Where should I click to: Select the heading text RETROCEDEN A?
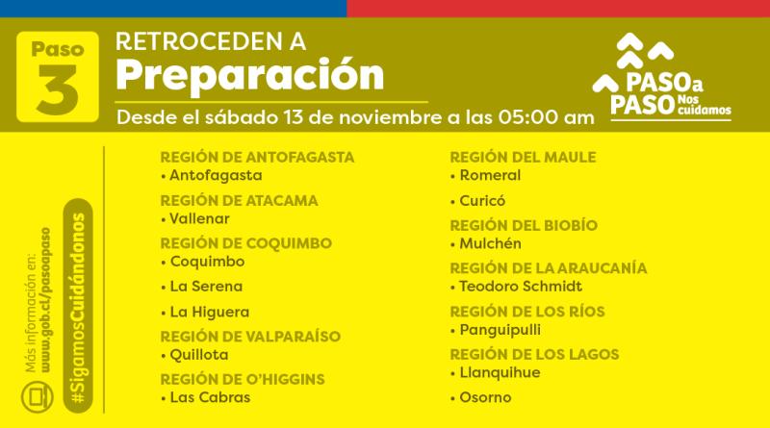210,41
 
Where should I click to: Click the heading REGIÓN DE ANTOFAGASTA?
257,157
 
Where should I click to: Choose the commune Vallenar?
201,218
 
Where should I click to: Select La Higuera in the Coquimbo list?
209,312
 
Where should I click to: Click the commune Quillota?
198,354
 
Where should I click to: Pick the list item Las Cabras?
210,397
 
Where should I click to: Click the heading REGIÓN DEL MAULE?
523,157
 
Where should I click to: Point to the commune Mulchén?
490,243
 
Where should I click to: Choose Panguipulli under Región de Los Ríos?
500,329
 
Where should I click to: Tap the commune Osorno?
485,397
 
